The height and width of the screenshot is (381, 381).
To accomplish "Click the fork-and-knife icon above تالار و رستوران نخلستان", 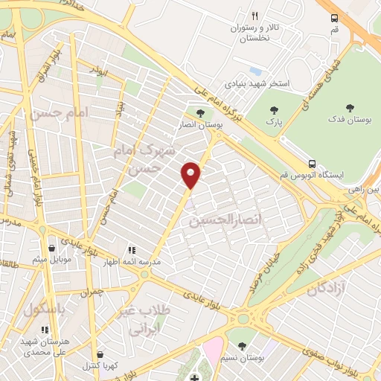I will tap(254, 16).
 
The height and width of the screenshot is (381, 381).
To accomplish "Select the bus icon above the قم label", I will tap(334, 17).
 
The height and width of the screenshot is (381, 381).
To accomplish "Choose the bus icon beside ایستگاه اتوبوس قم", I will tap(313, 164).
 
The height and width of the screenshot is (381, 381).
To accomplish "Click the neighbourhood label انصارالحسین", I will tap(217, 221).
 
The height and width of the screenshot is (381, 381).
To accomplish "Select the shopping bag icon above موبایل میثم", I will tap(51, 249).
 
